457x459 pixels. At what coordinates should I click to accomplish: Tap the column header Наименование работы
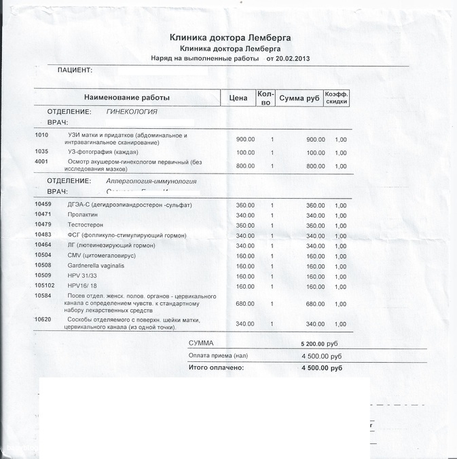coord(127,98)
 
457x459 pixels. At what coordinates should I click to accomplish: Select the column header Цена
coord(238,98)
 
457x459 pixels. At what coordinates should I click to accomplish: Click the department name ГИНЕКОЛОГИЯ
coord(132,111)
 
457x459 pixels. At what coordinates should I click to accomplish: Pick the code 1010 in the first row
coord(41,135)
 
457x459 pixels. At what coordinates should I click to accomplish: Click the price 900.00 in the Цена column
coord(245,139)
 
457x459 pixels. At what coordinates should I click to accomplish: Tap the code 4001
coord(41,162)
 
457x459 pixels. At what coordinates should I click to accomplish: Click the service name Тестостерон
coord(84,225)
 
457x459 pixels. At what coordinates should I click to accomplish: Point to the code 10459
coord(43,205)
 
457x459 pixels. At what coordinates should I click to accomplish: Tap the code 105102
coord(45,285)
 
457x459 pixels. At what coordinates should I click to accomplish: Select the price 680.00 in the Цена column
coord(245,304)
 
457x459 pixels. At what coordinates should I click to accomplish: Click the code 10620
coord(43,319)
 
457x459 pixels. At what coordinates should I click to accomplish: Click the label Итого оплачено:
coord(215,367)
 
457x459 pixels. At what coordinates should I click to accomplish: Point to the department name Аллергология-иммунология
coord(151,182)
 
